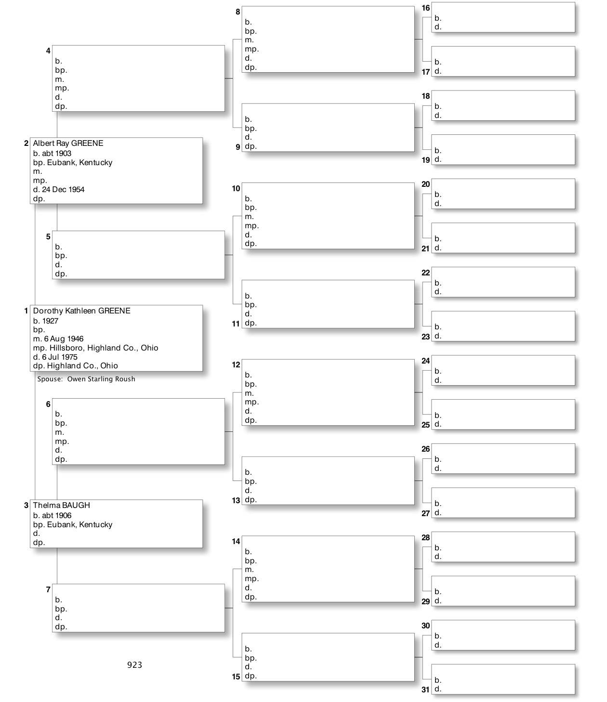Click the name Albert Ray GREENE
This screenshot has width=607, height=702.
68,143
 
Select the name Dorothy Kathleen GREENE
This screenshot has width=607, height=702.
81,311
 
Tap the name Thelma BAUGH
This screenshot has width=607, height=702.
61,506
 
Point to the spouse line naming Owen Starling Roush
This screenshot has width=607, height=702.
86,379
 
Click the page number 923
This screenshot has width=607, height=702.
134,665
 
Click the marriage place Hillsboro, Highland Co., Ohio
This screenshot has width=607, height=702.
104,348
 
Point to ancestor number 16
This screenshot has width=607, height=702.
426,8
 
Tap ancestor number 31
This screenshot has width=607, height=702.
425,689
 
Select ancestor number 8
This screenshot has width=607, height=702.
238,12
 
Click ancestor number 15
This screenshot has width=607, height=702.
236,676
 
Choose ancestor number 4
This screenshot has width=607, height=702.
48,51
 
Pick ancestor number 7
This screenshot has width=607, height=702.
48,589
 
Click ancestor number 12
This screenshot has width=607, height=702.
236,365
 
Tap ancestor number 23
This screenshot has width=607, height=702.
425,337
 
